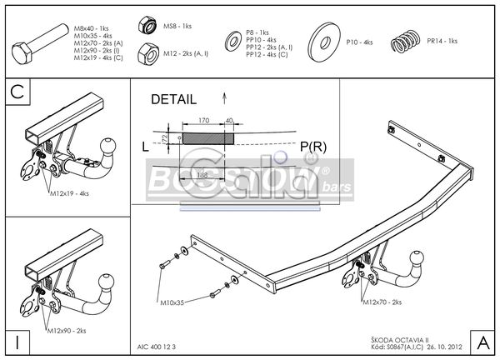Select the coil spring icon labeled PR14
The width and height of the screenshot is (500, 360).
coord(407,39)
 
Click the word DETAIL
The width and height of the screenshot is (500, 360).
coord(173,99)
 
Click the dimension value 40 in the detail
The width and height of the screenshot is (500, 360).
coord(229,121)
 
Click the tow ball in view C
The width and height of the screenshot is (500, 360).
coord(108,149)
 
